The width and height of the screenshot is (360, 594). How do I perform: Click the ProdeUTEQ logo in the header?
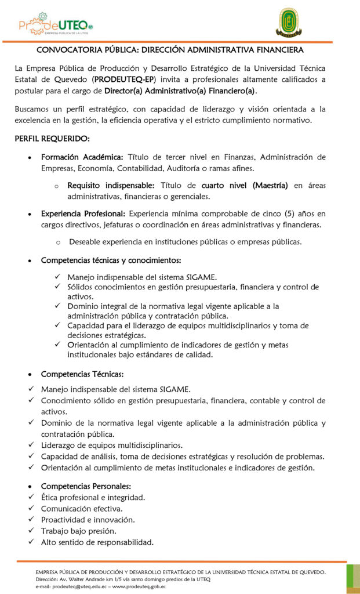55,24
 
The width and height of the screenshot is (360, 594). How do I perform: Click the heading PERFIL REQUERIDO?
52,139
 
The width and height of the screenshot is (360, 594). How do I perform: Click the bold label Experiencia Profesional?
83,213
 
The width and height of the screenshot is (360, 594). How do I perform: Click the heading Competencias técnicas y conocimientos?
111,260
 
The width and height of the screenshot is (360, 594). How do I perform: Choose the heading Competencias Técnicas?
82,374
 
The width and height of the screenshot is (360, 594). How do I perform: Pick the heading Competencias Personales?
86,486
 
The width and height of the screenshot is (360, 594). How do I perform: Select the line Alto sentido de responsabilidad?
97,542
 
